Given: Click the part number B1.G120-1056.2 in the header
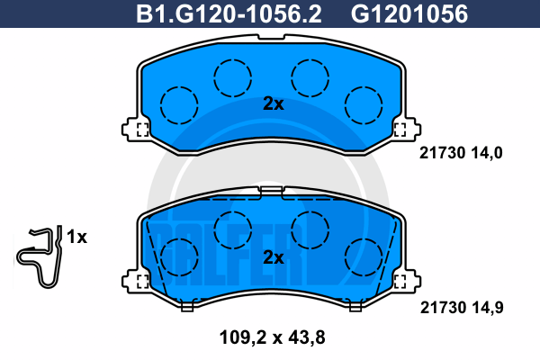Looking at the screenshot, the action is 229,14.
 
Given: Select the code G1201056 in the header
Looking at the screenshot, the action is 409,14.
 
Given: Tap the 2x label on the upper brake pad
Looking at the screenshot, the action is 274,103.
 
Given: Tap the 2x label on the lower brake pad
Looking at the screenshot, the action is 274,257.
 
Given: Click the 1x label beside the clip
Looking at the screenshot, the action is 76,237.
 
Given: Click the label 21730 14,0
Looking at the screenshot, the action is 461,153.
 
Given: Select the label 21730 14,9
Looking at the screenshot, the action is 462,307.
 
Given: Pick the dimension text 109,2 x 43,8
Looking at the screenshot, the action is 272,337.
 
